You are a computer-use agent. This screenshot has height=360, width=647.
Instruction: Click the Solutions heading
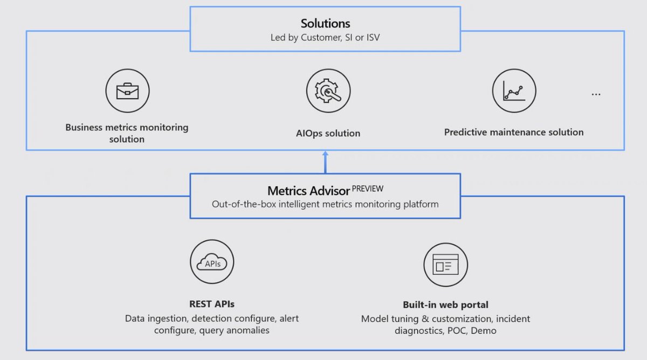pyautogui.click(x=325, y=23)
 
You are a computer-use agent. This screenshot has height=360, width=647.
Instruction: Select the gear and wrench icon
pyautogui.click(x=328, y=91)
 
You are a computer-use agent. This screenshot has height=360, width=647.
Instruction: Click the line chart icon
pyautogui.click(x=514, y=91)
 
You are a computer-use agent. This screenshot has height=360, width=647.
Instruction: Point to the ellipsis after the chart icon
pyautogui.click(x=596, y=94)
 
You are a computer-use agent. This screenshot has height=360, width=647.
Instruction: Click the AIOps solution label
pyautogui.click(x=328, y=133)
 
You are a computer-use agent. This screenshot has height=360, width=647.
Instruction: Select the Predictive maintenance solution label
pyautogui.click(x=514, y=132)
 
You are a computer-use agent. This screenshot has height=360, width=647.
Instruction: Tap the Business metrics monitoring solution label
pyautogui.click(x=127, y=133)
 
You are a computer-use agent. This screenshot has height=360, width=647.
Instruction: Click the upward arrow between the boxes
pyautogui.click(x=325, y=162)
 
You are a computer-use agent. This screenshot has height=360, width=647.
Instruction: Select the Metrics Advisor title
pyautogui.click(x=308, y=191)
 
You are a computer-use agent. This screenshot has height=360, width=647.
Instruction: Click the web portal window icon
pyautogui.click(x=445, y=265)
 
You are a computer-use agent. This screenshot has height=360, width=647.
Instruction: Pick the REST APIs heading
pyautogui.click(x=212, y=304)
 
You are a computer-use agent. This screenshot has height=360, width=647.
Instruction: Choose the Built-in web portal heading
pyautogui.click(x=445, y=304)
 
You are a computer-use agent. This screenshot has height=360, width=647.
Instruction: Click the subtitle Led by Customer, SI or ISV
pyautogui.click(x=325, y=38)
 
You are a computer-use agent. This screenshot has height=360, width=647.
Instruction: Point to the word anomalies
pyautogui.click(x=242, y=330)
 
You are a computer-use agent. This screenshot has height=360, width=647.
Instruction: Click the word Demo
pyautogui.click(x=484, y=331)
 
